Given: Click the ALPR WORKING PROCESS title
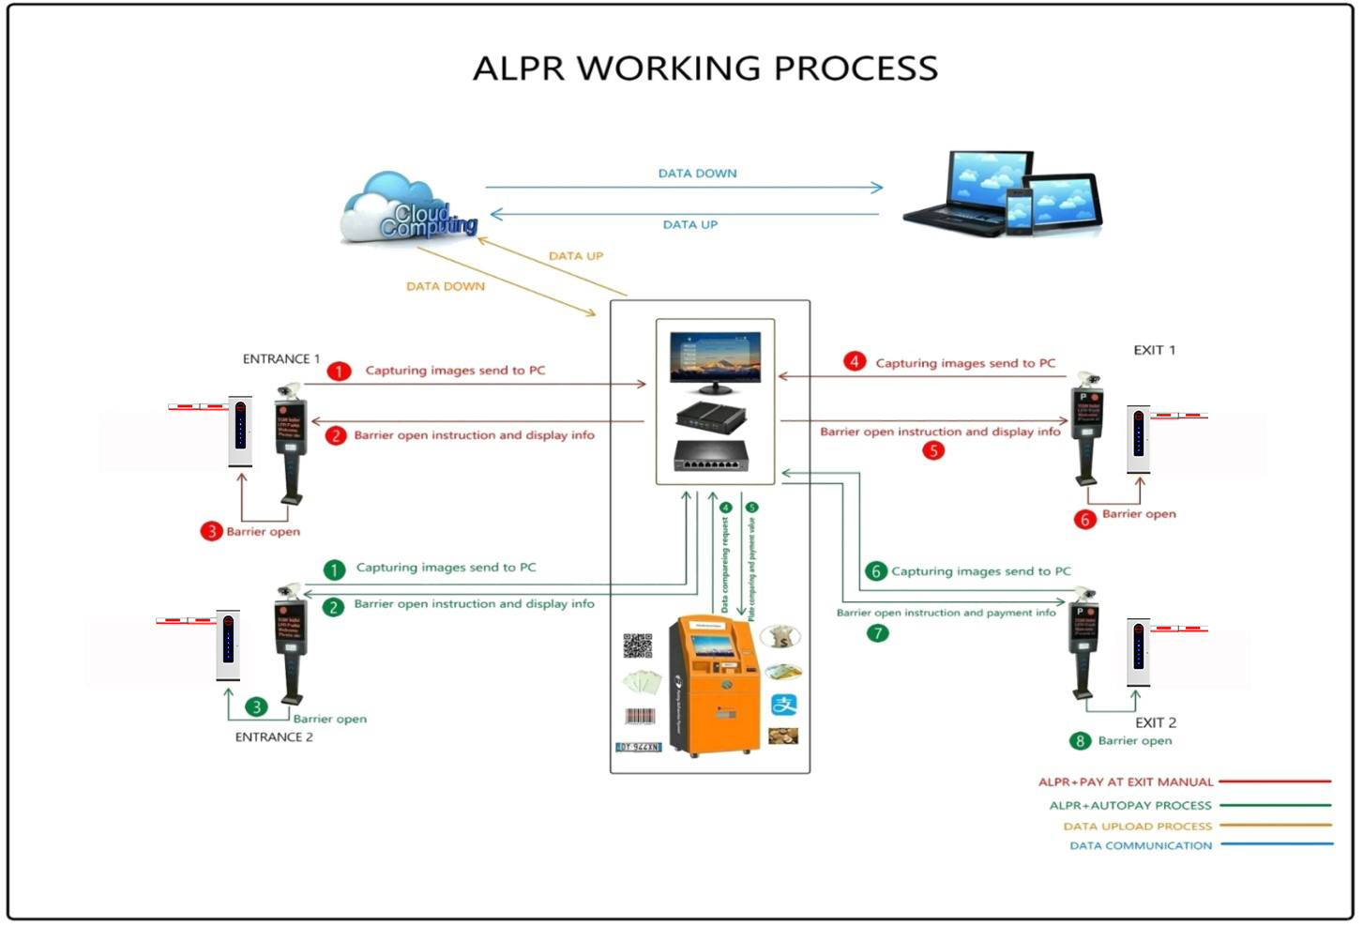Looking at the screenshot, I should (704, 68).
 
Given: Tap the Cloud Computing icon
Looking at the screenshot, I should (411, 209).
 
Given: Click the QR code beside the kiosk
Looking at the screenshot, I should (637, 645).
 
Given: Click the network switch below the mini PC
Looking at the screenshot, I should (711, 457).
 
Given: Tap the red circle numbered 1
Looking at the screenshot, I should (339, 372).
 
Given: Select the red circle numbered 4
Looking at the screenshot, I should (854, 361).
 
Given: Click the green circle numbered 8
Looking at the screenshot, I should (1080, 741).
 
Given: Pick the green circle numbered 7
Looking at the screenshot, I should (877, 633).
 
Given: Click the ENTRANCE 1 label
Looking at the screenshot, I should (280, 359).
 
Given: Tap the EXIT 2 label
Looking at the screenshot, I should (1155, 722).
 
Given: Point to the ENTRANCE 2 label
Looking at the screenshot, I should (274, 737).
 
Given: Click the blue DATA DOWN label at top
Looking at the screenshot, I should (697, 174).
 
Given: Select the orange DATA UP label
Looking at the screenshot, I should (575, 256).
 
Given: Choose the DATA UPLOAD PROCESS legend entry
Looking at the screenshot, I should (1137, 827).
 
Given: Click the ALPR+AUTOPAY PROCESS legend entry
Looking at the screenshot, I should (1129, 806).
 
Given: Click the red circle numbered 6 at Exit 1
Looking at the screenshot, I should (1084, 519).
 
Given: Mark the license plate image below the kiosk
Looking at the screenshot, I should (638, 747).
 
